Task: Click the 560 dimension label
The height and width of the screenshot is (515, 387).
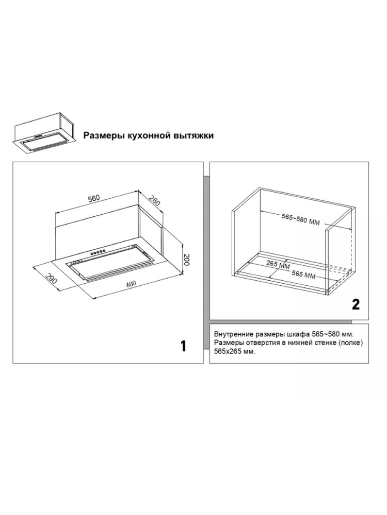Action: (93, 198)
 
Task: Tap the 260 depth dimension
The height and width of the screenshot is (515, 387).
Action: (154, 201)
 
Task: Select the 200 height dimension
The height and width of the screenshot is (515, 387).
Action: (187, 260)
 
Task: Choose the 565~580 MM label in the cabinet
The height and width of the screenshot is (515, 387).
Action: (301, 219)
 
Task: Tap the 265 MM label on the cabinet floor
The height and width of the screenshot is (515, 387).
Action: (276, 265)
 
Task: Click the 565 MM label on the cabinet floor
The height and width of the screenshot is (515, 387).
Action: (303, 275)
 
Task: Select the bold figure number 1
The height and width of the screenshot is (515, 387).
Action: (183, 346)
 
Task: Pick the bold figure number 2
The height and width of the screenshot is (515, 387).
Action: (356, 304)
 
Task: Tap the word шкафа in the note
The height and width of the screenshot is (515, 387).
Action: (296, 335)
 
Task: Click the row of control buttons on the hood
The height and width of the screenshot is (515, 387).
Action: (98, 252)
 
